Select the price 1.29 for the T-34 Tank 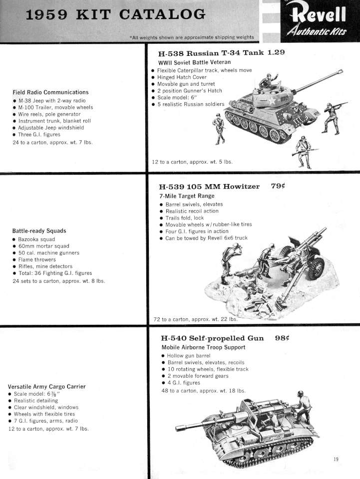click(276, 53)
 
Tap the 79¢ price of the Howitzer click(281, 187)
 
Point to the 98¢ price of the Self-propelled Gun click(283, 338)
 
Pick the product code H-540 click(172, 338)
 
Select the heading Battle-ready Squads click(39, 231)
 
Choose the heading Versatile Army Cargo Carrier click(47, 386)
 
